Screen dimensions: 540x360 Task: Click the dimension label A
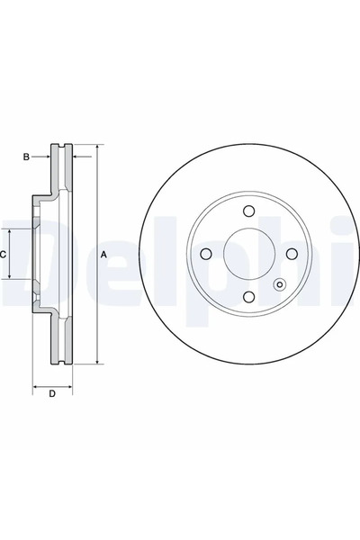[x=103, y=255]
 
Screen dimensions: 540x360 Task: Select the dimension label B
[x=27, y=157]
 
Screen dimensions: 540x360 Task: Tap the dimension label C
[x=4, y=255]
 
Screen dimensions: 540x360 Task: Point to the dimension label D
[x=52, y=393]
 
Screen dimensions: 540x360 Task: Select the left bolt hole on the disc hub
[x=204, y=254]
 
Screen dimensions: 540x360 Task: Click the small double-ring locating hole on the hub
[x=278, y=288]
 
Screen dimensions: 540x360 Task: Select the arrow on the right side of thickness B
[x=75, y=157]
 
